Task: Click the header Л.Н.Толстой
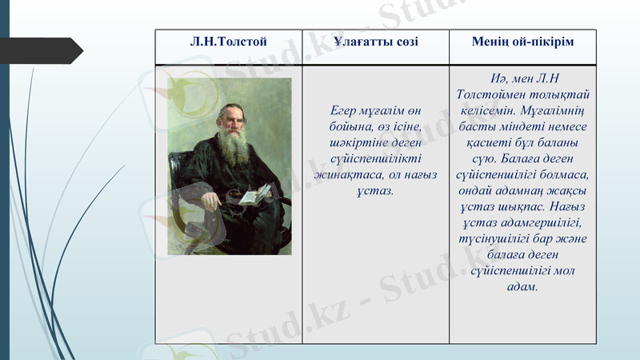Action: (229, 41)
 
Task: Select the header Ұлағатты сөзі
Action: (376, 41)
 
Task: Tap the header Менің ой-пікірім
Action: (523, 41)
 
